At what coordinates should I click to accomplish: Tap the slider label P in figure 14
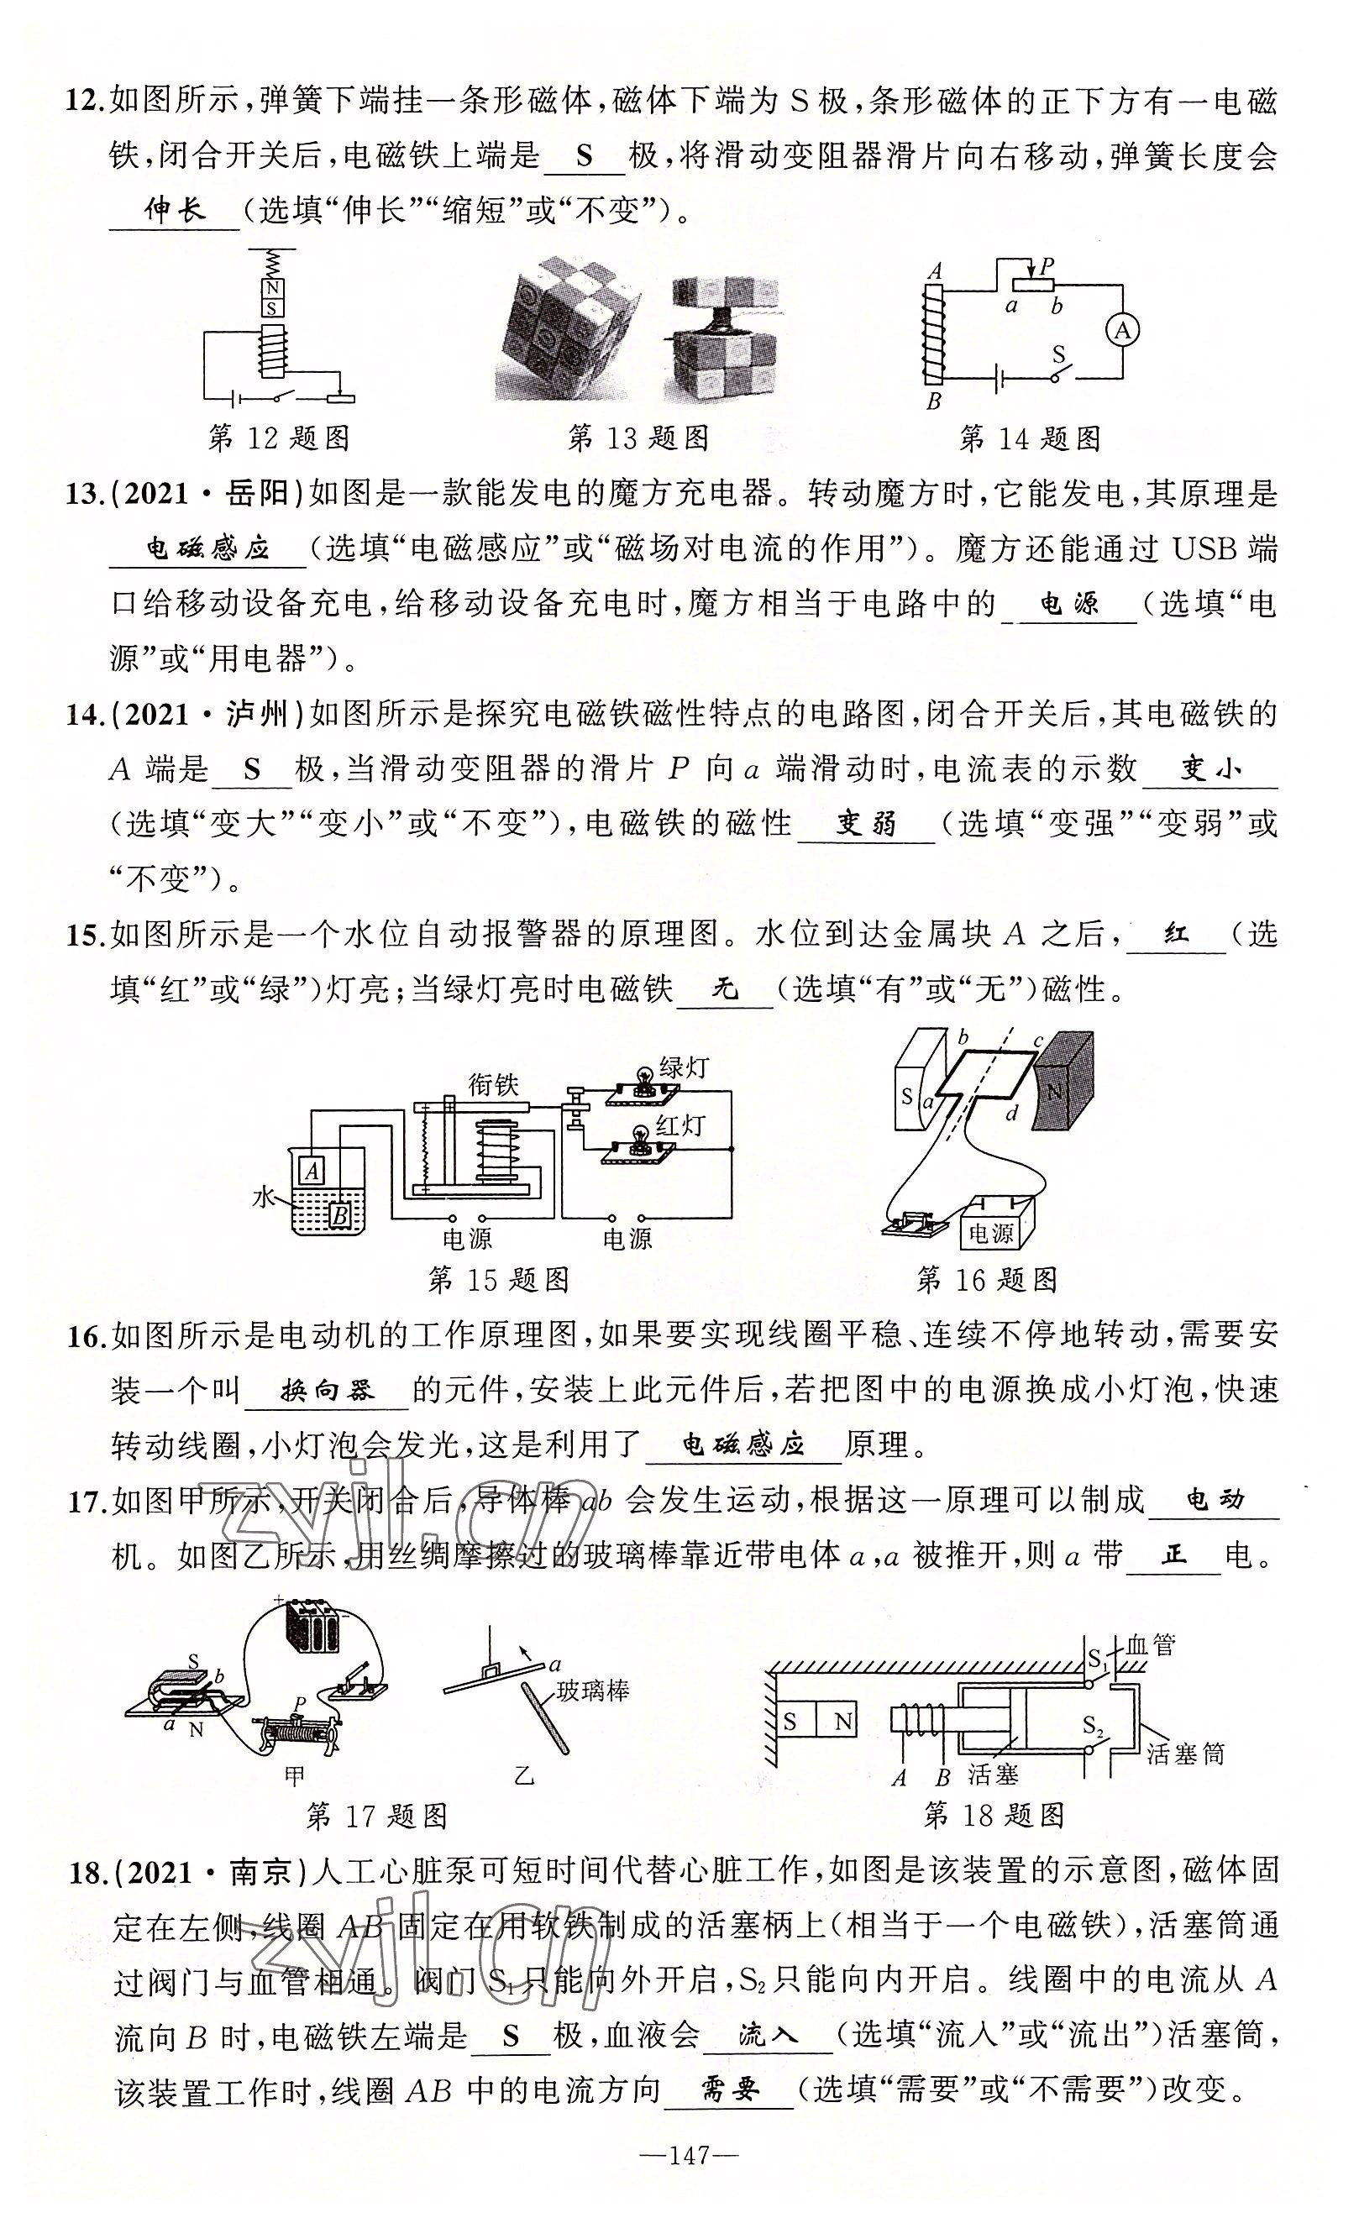pyautogui.click(x=1047, y=266)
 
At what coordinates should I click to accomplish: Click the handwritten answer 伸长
pyautogui.click(x=175, y=211)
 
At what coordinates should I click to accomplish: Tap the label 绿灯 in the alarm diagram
pyautogui.click(x=684, y=1067)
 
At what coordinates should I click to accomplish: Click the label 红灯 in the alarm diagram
pyautogui.click(x=679, y=1125)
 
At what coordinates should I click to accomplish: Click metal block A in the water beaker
pyautogui.click(x=313, y=1170)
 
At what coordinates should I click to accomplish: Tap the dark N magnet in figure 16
pyautogui.click(x=1063, y=1094)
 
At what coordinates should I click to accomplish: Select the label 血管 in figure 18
pyautogui.click(x=1152, y=1644)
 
